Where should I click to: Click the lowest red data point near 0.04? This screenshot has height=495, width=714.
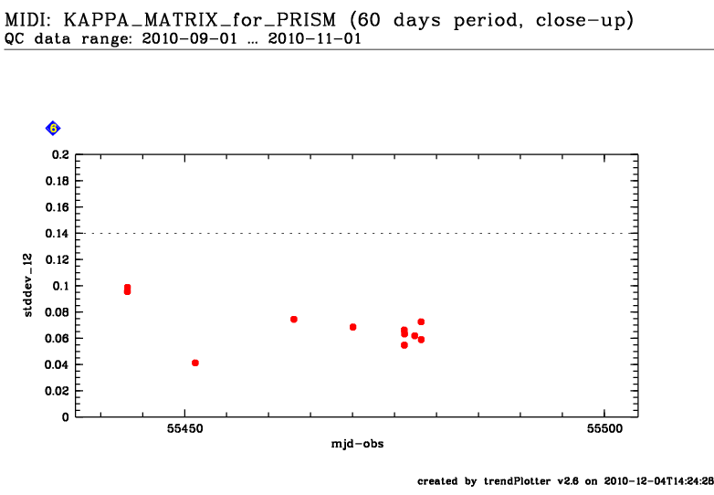195,363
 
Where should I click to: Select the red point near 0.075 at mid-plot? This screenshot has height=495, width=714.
294,319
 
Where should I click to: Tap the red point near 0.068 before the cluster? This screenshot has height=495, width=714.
352,327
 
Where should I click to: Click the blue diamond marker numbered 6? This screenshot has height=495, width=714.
53,129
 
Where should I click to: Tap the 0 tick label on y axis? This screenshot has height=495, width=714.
66,416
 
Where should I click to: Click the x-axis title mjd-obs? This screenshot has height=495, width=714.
357,444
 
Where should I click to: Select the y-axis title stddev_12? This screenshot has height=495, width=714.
28,286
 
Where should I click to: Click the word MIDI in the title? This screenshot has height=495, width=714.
27,19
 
